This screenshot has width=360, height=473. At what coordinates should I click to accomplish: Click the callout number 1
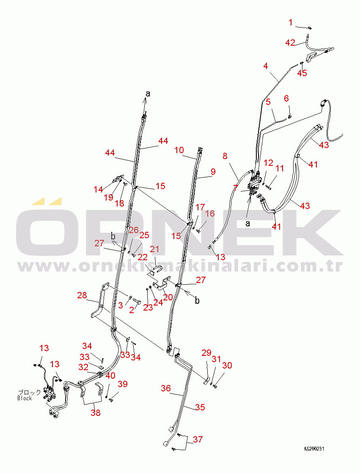(290, 22)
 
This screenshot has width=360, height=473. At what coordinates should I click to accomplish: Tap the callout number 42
(290, 43)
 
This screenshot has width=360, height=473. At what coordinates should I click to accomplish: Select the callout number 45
(302, 73)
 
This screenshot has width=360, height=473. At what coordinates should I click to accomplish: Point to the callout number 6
(286, 98)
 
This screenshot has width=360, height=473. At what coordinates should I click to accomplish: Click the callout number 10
(179, 150)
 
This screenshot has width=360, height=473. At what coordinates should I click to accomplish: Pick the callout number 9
(213, 172)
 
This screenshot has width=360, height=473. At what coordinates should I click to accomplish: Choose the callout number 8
(225, 156)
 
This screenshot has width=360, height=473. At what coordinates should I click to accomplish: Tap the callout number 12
(268, 163)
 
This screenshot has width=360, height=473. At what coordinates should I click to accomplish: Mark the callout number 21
(154, 249)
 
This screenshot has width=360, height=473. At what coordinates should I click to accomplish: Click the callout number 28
(82, 295)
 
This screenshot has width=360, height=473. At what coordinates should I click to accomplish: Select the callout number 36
(166, 388)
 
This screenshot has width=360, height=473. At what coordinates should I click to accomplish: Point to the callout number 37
(198, 440)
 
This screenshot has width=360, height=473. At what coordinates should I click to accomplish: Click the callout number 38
(96, 412)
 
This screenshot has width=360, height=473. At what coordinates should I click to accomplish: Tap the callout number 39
(123, 384)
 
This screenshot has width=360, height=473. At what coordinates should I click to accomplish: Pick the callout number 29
(206, 353)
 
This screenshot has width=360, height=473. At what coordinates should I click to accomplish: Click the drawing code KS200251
(314, 448)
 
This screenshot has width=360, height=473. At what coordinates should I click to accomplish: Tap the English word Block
(25, 398)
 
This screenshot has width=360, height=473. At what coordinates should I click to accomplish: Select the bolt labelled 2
(137, 302)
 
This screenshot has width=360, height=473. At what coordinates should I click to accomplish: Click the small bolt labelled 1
(310, 28)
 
